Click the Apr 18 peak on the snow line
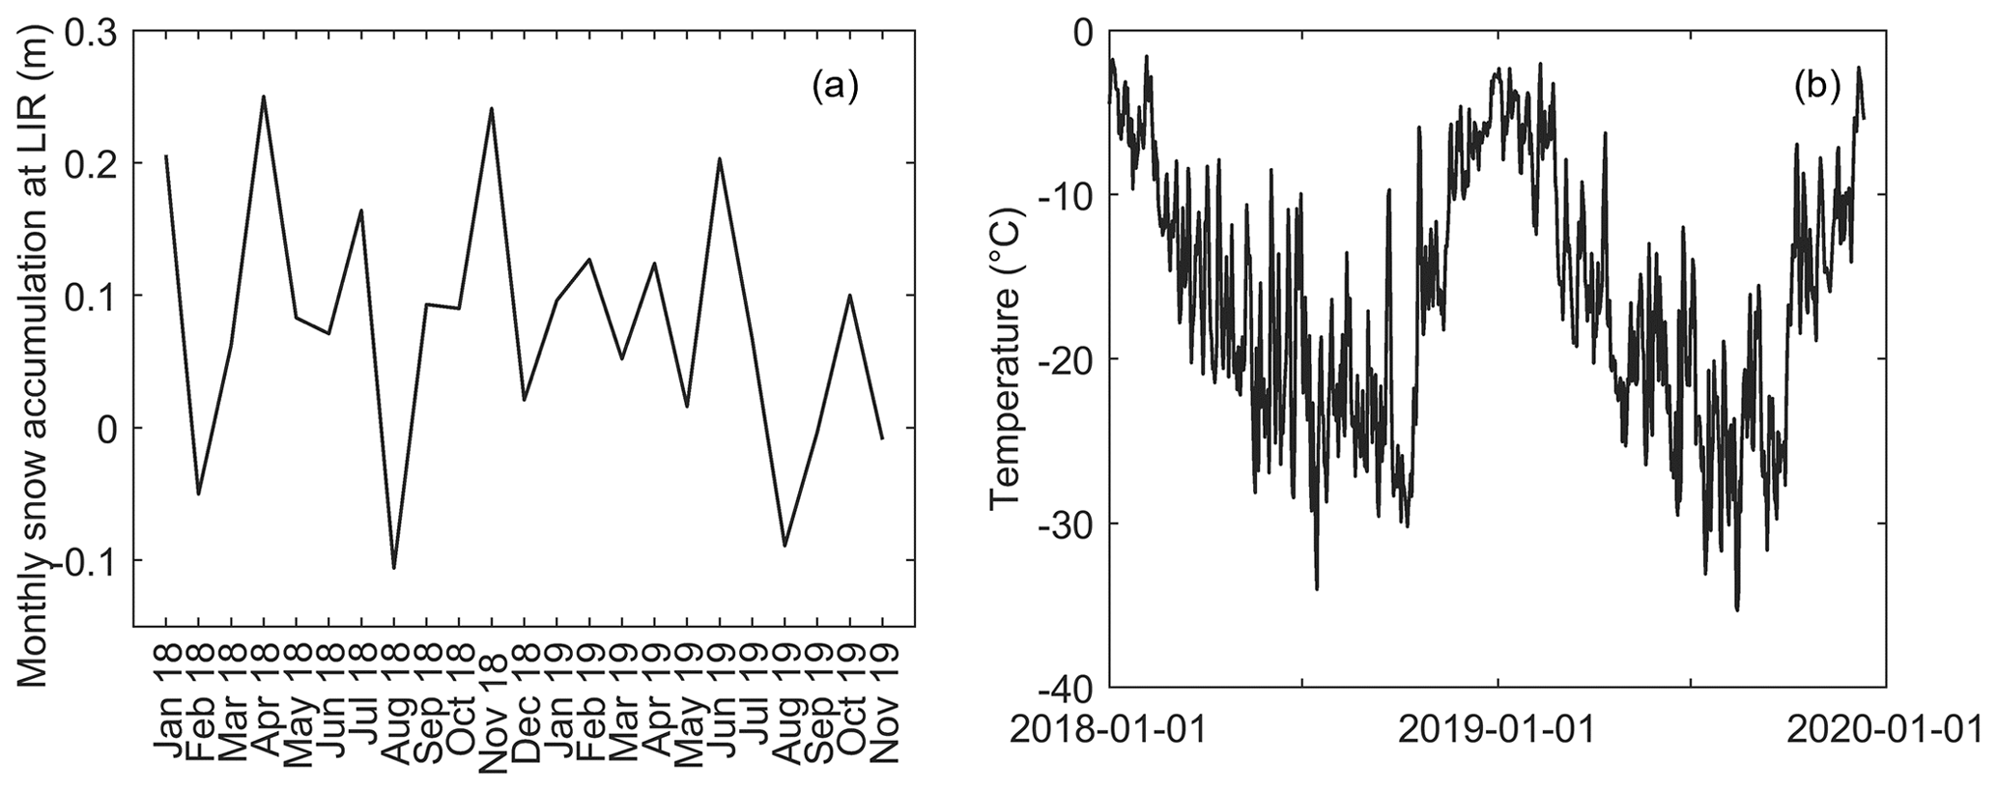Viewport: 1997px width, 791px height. pos(263,97)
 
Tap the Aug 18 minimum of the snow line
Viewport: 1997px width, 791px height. pos(393,567)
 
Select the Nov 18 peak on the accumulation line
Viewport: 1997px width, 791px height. pos(491,108)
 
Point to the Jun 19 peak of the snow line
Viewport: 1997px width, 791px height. pos(719,158)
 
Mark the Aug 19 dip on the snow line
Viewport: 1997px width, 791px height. pos(785,546)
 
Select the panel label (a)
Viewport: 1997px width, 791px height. pos(835,87)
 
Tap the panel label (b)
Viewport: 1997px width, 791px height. pos(1816,87)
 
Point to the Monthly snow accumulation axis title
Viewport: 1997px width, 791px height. pos(35,357)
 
